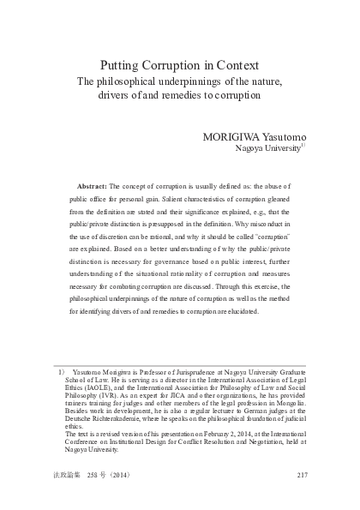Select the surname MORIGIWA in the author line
click(x=234, y=136)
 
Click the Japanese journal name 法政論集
click(x=68, y=475)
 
